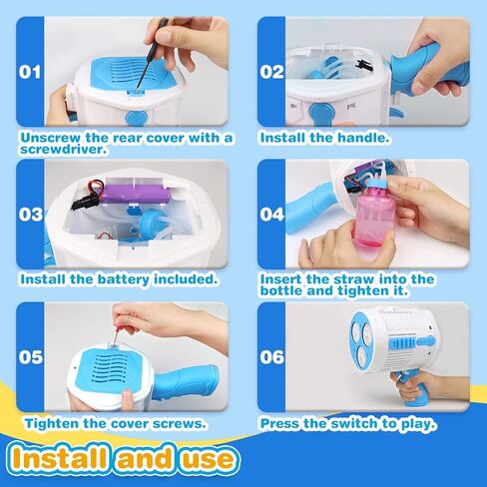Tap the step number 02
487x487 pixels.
(x=273, y=72)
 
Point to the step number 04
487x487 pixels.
(x=273, y=214)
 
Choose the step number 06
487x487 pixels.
(x=273, y=356)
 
